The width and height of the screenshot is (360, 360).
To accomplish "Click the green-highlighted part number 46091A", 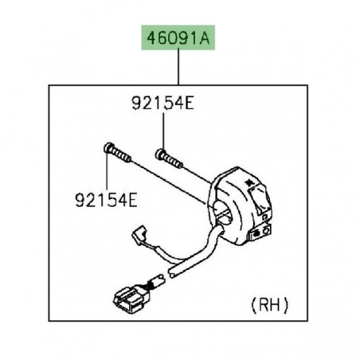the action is pyautogui.click(x=178, y=38).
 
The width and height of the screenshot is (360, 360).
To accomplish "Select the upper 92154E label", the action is pyautogui.click(x=162, y=103).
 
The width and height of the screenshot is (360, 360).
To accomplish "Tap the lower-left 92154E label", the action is pyautogui.click(x=106, y=200).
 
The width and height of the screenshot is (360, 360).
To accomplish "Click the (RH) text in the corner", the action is pyautogui.click(x=269, y=305).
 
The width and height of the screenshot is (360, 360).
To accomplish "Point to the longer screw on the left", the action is pyautogui.click(x=117, y=152).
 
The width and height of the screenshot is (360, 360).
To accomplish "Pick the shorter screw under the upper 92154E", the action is pyautogui.click(x=169, y=158).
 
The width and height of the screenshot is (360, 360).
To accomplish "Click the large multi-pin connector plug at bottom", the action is pyautogui.click(x=131, y=298).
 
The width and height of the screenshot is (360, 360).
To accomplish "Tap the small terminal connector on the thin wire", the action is pyautogui.click(x=139, y=233).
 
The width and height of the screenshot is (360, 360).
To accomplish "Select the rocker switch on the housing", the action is pyautogui.click(x=259, y=201).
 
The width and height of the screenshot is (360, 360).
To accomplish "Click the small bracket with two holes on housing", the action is pyautogui.click(x=260, y=232).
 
